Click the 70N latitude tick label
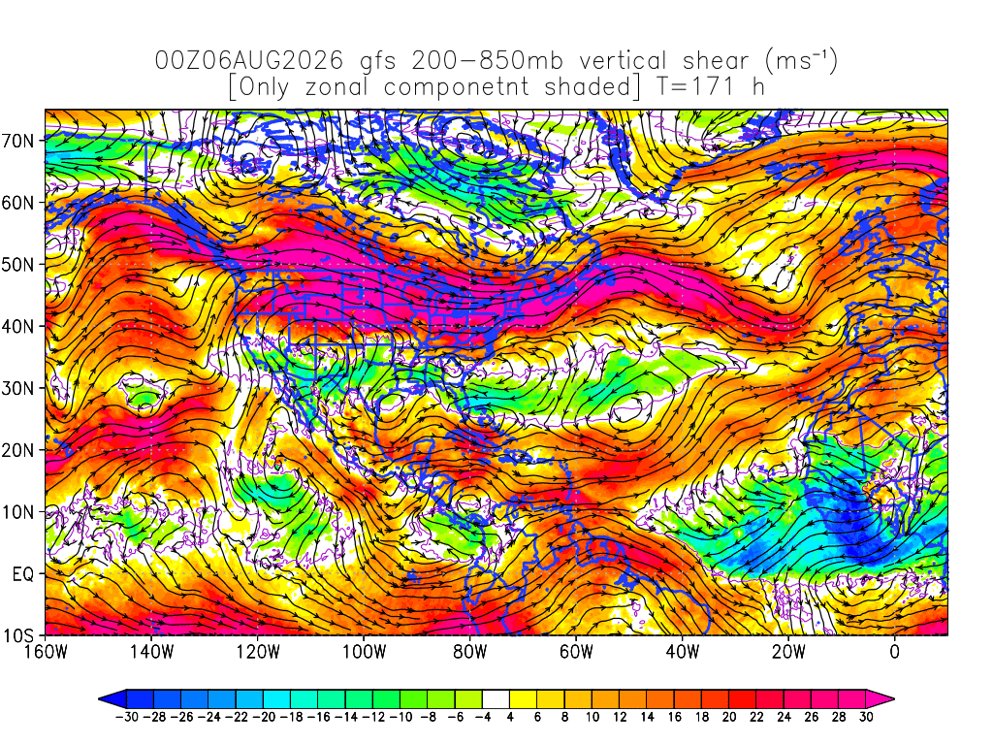(x=18, y=141)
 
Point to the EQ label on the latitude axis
(x=23, y=574)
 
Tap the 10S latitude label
(x=18, y=636)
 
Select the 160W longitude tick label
(x=46, y=652)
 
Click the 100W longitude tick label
(x=365, y=652)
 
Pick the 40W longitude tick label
(x=682, y=652)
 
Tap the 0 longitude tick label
(x=894, y=652)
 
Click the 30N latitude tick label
(x=18, y=388)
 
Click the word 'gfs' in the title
(x=378, y=62)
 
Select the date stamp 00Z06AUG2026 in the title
(x=249, y=61)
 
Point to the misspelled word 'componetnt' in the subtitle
(x=456, y=86)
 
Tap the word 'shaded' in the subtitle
(x=587, y=85)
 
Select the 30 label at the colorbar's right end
(x=866, y=717)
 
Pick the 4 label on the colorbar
(x=510, y=717)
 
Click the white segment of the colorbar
(x=496, y=699)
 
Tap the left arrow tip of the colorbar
(x=100, y=699)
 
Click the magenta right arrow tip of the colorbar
(x=893, y=699)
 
